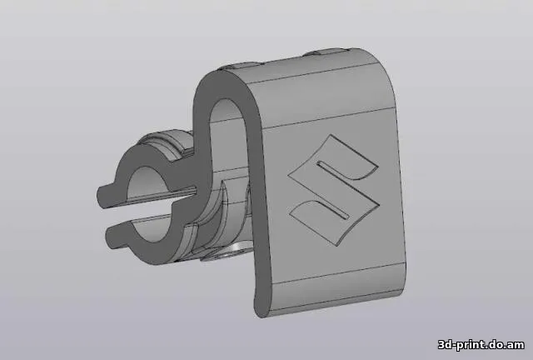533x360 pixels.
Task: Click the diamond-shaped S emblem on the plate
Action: tap(333, 189)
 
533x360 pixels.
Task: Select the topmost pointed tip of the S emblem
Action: tap(331, 134)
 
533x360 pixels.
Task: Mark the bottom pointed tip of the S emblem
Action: tap(336, 245)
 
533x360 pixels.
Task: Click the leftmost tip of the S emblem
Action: tap(288, 176)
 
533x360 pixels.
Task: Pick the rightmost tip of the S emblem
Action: tap(380, 204)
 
